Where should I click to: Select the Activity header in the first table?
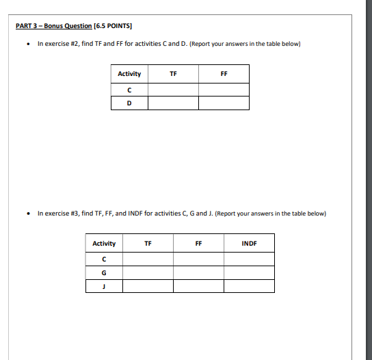(x=129, y=74)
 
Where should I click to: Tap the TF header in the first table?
(x=173, y=74)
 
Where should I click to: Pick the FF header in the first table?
(x=224, y=74)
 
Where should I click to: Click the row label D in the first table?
(x=129, y=103)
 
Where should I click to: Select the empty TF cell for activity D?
(x=173, y=103)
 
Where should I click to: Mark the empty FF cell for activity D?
(x=224, y=103)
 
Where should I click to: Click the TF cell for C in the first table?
(x=173, y=90)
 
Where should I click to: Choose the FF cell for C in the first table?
(x=224, y=90)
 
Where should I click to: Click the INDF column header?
(x=249, y=244)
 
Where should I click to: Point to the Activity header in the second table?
(x=104, y=244)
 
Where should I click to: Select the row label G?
(x=104, y=273)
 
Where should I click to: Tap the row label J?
(x=104, y=286)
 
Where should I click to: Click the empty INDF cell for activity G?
(x=249, y=273)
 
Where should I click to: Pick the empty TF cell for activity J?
(x=148, y=286)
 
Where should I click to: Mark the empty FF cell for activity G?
(x=198, y=273)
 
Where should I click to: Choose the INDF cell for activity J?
(x=249, y=286)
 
